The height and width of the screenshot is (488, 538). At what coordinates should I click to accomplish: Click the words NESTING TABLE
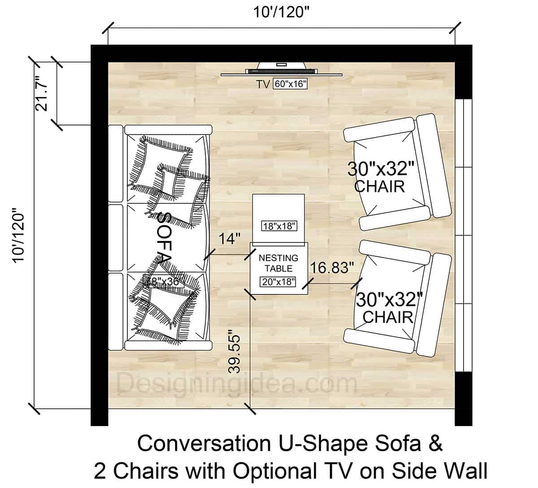278,263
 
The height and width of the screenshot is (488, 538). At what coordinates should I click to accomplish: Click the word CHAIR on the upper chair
380,186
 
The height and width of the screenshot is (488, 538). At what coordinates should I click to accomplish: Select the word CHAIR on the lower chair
388,317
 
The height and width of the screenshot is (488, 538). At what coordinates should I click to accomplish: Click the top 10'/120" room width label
282,12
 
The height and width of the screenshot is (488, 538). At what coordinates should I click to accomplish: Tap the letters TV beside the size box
263,84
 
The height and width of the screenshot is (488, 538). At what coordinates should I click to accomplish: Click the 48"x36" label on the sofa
161,281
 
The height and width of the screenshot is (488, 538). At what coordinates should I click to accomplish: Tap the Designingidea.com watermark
238,384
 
